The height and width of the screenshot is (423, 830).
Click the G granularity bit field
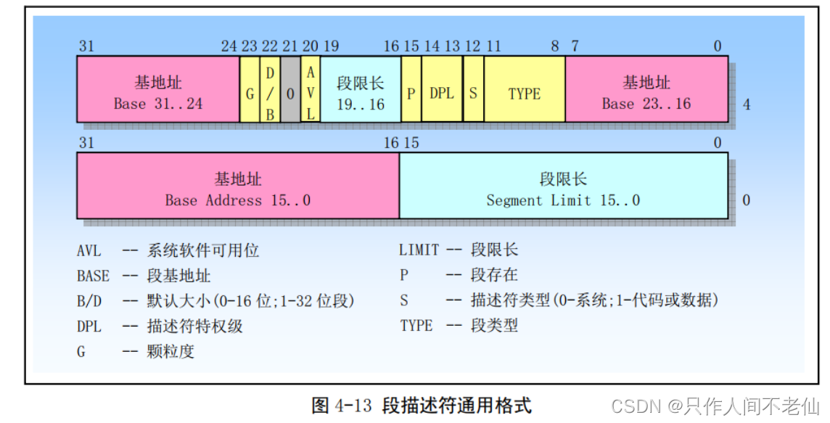(250, 94)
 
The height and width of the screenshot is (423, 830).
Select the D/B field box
(269, 94)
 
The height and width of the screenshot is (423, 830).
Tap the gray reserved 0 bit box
(290, 94)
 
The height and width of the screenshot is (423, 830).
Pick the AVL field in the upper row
(311, 94)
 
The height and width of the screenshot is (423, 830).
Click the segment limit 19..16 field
(360, 94)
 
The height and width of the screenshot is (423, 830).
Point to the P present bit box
(411, 94)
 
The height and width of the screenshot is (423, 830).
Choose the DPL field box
(442, 94)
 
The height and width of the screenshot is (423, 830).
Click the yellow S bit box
(473, 94)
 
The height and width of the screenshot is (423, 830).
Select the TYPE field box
(524, 94)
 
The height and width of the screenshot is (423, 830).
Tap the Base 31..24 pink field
(158, 94)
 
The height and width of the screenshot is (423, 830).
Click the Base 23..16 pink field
(646, 94)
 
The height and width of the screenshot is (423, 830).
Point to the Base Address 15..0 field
(238, 189)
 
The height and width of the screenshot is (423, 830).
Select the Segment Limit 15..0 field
(563, 189)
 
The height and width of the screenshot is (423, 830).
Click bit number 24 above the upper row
(229, 46)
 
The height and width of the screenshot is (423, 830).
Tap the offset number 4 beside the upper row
(747, 105)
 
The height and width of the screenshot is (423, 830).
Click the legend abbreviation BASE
(93, 276)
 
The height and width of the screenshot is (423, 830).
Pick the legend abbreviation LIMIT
(419, 250)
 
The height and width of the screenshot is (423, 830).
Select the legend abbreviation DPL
(89, 326)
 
